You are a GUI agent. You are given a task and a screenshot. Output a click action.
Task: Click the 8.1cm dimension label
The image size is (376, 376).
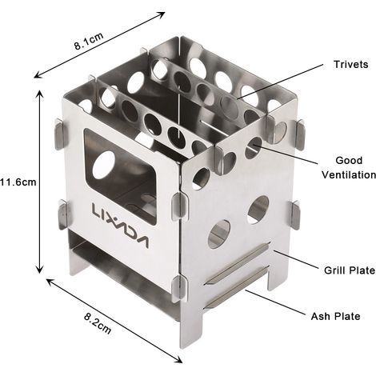click(89, 41)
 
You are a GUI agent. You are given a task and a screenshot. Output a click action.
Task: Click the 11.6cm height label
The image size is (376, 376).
click(18, 182)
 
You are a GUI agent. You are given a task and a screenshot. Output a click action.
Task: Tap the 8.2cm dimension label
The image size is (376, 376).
click(98, 323)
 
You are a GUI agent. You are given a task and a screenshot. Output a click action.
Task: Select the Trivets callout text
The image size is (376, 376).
click(350, 64)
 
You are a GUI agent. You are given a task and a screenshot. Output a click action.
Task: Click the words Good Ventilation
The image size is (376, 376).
click(349, 168)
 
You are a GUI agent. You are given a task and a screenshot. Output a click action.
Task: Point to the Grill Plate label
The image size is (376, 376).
click(350, 270)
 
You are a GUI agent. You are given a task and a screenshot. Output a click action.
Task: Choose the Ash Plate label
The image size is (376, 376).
click(335, 317)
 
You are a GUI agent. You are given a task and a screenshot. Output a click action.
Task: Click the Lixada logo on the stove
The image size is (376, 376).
click(120, 226)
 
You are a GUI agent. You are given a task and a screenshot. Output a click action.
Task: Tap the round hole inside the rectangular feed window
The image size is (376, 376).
click(104, 165)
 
